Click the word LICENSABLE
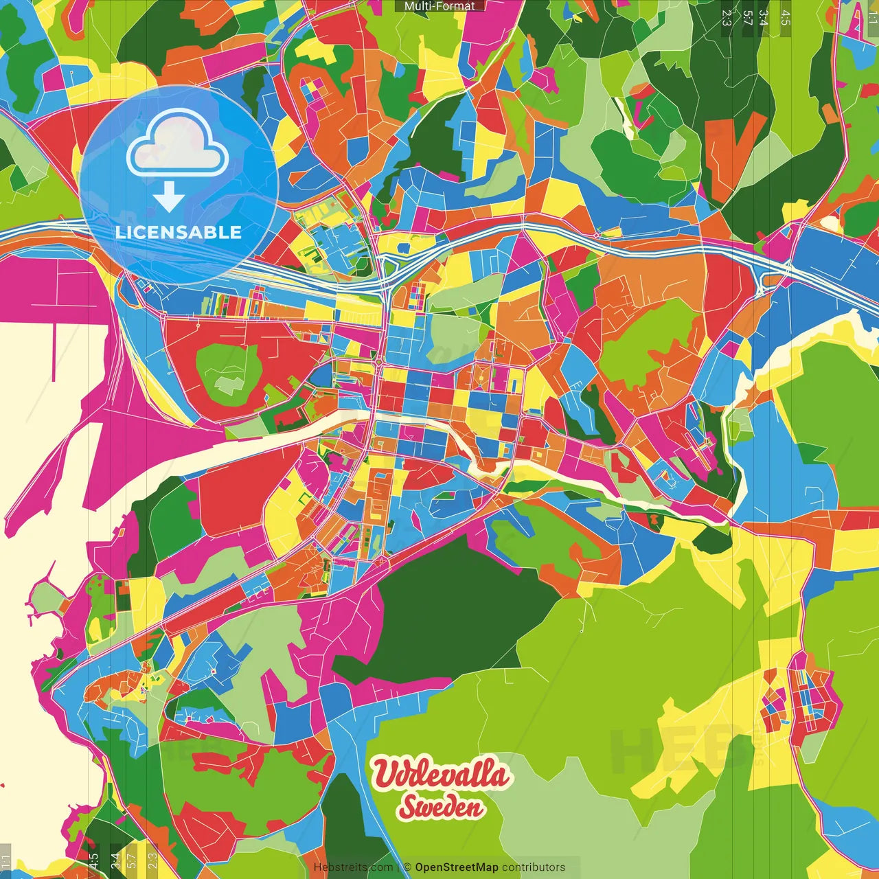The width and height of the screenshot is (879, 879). pos(179,232)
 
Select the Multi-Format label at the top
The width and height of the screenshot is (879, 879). pos(439,5)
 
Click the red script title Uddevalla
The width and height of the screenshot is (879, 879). pos(442,775)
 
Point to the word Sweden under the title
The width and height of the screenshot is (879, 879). pos(442,808)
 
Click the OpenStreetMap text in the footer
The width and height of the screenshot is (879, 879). pos(456,867)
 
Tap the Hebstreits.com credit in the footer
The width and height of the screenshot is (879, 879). pos(353,867)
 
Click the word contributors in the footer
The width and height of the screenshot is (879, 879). pos(534,867)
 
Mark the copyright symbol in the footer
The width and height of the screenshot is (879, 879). pos(407,867)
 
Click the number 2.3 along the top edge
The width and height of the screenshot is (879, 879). pos(727,18)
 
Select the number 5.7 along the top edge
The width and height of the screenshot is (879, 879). pos(747,18)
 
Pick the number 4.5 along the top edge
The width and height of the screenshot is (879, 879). pos(785,18)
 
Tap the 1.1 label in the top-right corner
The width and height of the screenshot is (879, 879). pos(872,12)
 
